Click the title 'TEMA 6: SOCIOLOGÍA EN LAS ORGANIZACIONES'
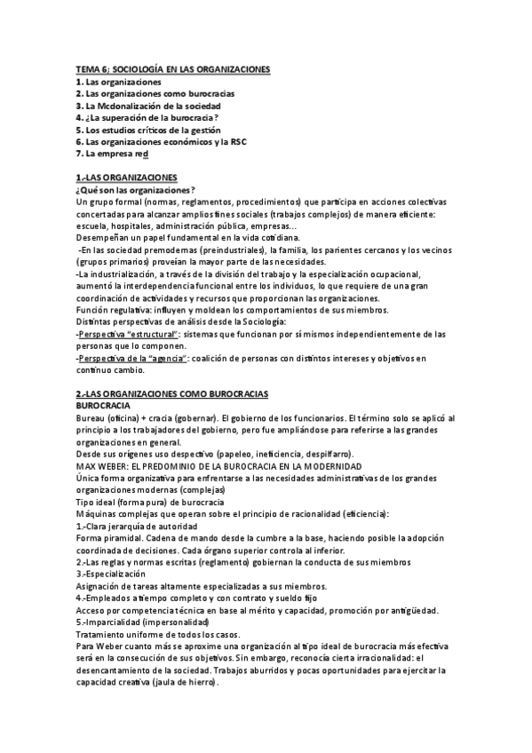click(173, 69)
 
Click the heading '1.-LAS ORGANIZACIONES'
click(127, 177)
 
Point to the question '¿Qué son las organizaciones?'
click(136, 189)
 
